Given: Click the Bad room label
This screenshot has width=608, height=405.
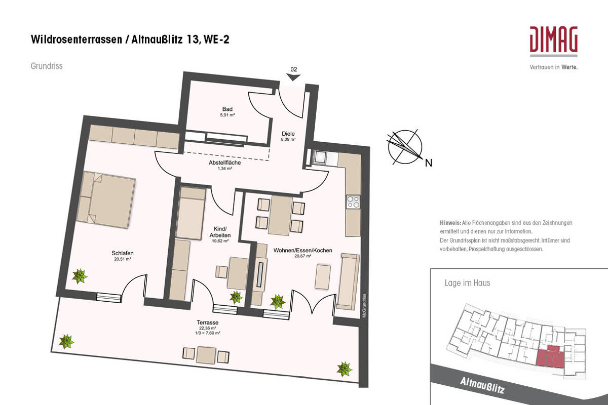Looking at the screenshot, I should coord(227,109).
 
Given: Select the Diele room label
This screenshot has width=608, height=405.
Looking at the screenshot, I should coord(289,134).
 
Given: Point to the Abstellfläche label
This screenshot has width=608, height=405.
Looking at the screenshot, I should coord(224,163).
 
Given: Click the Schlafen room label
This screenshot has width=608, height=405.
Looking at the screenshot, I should coord(123,254).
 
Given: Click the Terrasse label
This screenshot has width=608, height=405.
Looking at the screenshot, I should coord(208,322).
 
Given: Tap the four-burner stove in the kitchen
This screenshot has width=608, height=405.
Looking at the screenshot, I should coord(353,202).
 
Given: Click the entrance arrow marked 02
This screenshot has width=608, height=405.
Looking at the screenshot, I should coord(293,76).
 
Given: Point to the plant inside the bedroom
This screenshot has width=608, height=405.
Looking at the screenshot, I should coord(80,276).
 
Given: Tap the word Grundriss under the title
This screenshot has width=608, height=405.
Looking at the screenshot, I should coord(47,66).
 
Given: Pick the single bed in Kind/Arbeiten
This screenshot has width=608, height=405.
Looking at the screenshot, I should coord(191,213).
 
